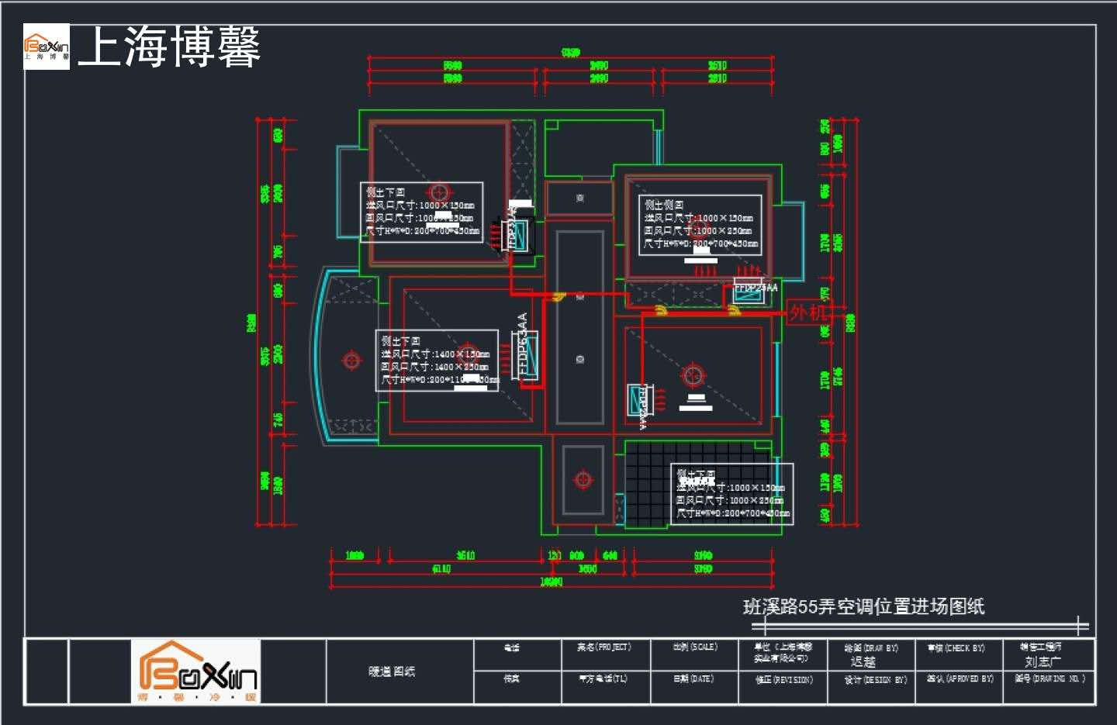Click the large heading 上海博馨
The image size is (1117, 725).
pos(169,47)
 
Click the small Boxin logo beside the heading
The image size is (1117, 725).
pos(47,47)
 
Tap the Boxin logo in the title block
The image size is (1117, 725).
pos(196,671)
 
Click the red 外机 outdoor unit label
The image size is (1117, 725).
pos(807,312)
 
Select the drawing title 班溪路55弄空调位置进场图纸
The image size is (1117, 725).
pos(863,606)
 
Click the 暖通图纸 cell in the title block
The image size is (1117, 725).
pos(392,671)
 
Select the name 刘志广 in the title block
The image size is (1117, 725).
pos(1043,661)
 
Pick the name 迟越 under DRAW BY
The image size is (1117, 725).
pos(863,661)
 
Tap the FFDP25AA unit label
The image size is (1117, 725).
pos(756,288)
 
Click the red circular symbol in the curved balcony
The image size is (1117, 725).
pos(351,361)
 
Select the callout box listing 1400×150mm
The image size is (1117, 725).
pos(437,361)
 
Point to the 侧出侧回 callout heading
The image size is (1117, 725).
pos(664,205)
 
